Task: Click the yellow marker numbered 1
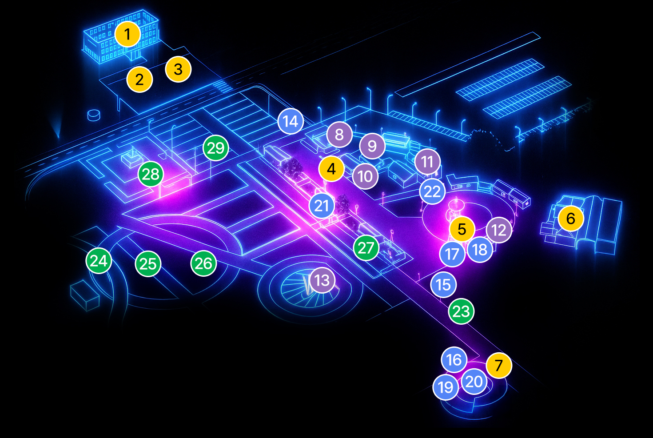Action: pos(127,34)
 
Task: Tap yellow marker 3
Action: pos(178,69)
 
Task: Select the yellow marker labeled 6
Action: pos(571,219)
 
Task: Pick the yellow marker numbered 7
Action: pos(499,366)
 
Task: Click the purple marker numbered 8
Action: pos(339,134)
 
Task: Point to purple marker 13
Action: pos(322,280)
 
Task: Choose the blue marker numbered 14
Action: pos(291,121)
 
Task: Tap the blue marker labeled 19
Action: pos(446,387)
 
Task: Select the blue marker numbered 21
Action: pos(322,206)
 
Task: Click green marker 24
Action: pos(99,261)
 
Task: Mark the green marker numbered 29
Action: pos(216,148)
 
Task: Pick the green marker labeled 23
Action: pos(461,311)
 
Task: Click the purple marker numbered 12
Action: pos(499,230)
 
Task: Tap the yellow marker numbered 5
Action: pos(462,229)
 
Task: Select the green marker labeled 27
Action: pos(366,248)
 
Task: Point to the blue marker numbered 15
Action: pos(443,285)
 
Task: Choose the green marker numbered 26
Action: pos(203,263)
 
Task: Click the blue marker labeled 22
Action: pos(432,191)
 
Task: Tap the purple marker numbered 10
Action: pos(365,176)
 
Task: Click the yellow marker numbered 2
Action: pos(139,80)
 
